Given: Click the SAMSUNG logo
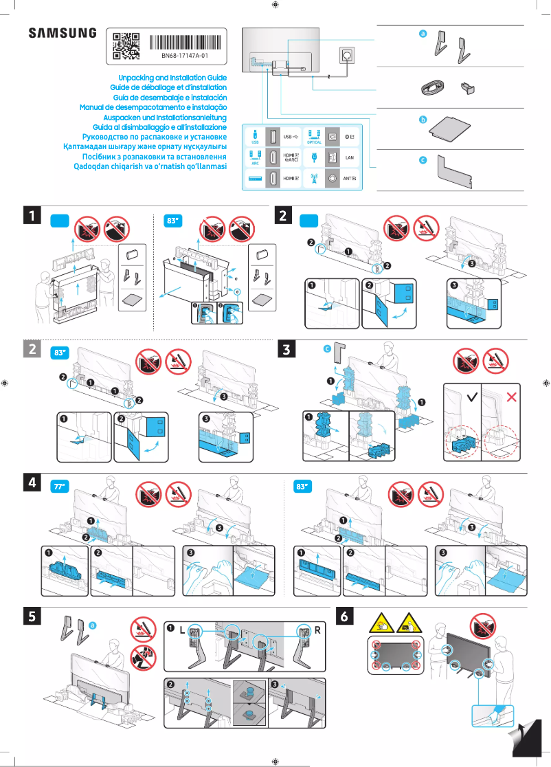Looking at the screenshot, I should tap(62, 33).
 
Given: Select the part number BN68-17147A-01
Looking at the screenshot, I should tap(185, 55).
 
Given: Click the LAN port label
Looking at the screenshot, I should tap(348, 157).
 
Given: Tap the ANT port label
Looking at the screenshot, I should tap(349, 178).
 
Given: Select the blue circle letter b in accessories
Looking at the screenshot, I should tap(423, 120).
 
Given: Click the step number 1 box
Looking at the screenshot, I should tap(32, 216).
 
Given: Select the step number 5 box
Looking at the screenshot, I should tap(32, 616).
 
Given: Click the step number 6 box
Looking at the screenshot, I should tap(344, 616).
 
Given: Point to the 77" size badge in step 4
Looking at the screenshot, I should tap(59, 487).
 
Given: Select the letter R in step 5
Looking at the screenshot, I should tap(317, 630).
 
